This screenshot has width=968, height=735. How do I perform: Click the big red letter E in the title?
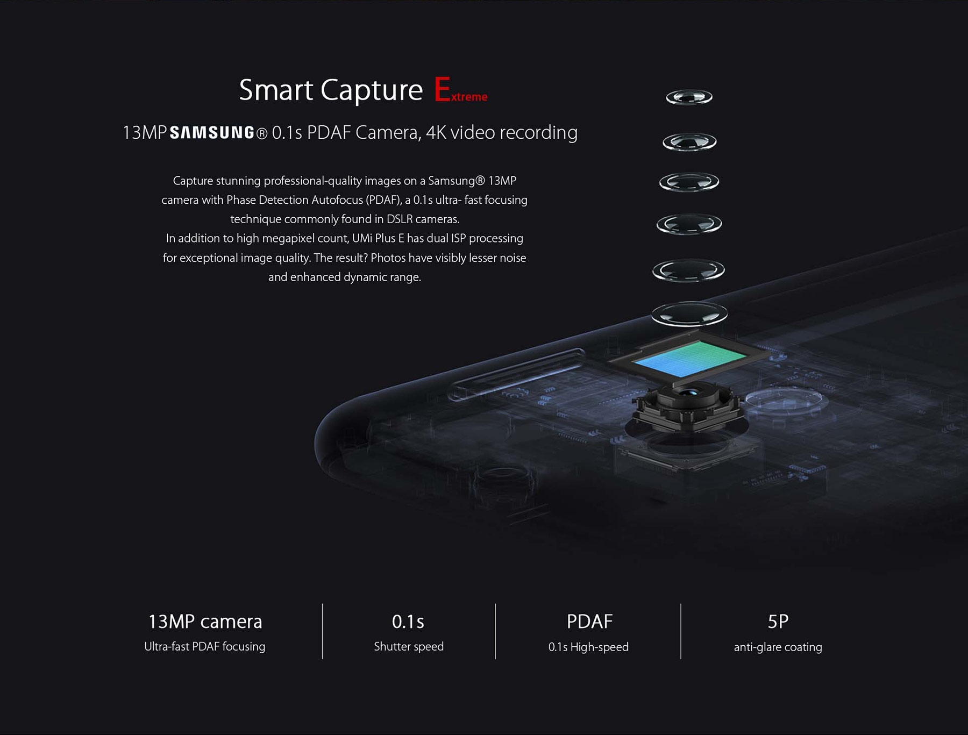[442, 89]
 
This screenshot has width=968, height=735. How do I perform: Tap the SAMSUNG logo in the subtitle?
[212, 133]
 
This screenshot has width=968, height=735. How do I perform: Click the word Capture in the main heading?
[372, 90]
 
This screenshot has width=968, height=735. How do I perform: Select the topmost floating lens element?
[689, 97]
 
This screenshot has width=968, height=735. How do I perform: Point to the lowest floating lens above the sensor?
[689, 313]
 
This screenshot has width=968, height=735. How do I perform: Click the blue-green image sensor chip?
[690, 359]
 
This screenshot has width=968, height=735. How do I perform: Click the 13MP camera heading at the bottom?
[205, 622]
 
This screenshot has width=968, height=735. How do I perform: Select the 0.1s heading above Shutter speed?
[408, 622]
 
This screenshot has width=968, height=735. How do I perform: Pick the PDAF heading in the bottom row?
[589, 622]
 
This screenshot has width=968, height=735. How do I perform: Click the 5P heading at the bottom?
[778, 622]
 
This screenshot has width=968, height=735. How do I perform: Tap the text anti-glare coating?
[778, 647]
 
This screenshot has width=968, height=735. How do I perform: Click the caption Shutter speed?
[409, 646]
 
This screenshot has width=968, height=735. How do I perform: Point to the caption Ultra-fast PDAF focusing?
[204, 646]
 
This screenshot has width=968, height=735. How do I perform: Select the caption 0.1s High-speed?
[588, 647]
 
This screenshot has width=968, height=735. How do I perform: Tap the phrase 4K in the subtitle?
[436, 132]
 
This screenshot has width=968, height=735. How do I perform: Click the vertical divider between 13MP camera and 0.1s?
[323, 631]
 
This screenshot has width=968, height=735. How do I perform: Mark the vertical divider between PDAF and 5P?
[681, 631]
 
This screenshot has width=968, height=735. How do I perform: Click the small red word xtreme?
[469, 97]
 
